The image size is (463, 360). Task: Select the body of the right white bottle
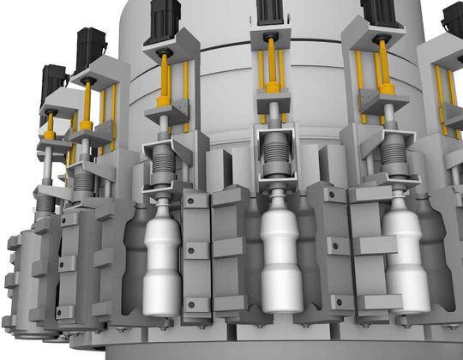pos(404,266)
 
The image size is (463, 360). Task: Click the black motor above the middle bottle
pos(274,13)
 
